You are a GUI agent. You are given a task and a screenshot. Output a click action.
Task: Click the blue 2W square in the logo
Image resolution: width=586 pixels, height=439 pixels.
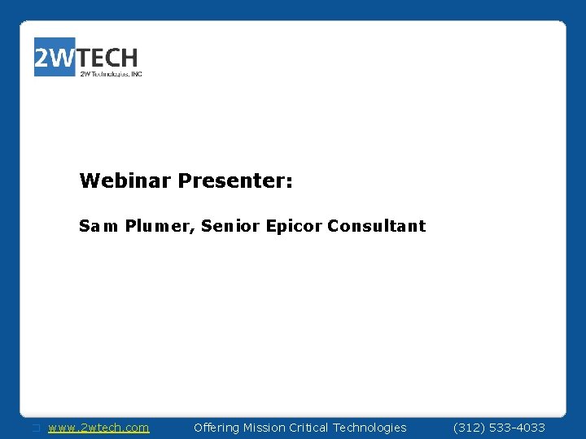55,57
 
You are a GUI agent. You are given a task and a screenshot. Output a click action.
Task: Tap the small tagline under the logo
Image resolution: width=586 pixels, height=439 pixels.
111,74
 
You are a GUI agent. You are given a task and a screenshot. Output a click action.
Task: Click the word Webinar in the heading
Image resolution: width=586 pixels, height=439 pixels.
125,180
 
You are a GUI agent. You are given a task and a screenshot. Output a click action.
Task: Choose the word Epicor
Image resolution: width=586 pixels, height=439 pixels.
294,227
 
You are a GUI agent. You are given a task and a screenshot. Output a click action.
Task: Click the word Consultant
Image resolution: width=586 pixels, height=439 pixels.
376,226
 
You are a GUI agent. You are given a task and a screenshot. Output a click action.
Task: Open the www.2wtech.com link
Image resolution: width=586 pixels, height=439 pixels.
98,428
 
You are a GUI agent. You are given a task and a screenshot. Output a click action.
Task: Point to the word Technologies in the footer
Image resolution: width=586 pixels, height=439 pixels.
372,428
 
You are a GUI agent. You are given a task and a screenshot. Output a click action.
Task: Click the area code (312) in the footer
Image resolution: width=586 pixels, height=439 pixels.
468,428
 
